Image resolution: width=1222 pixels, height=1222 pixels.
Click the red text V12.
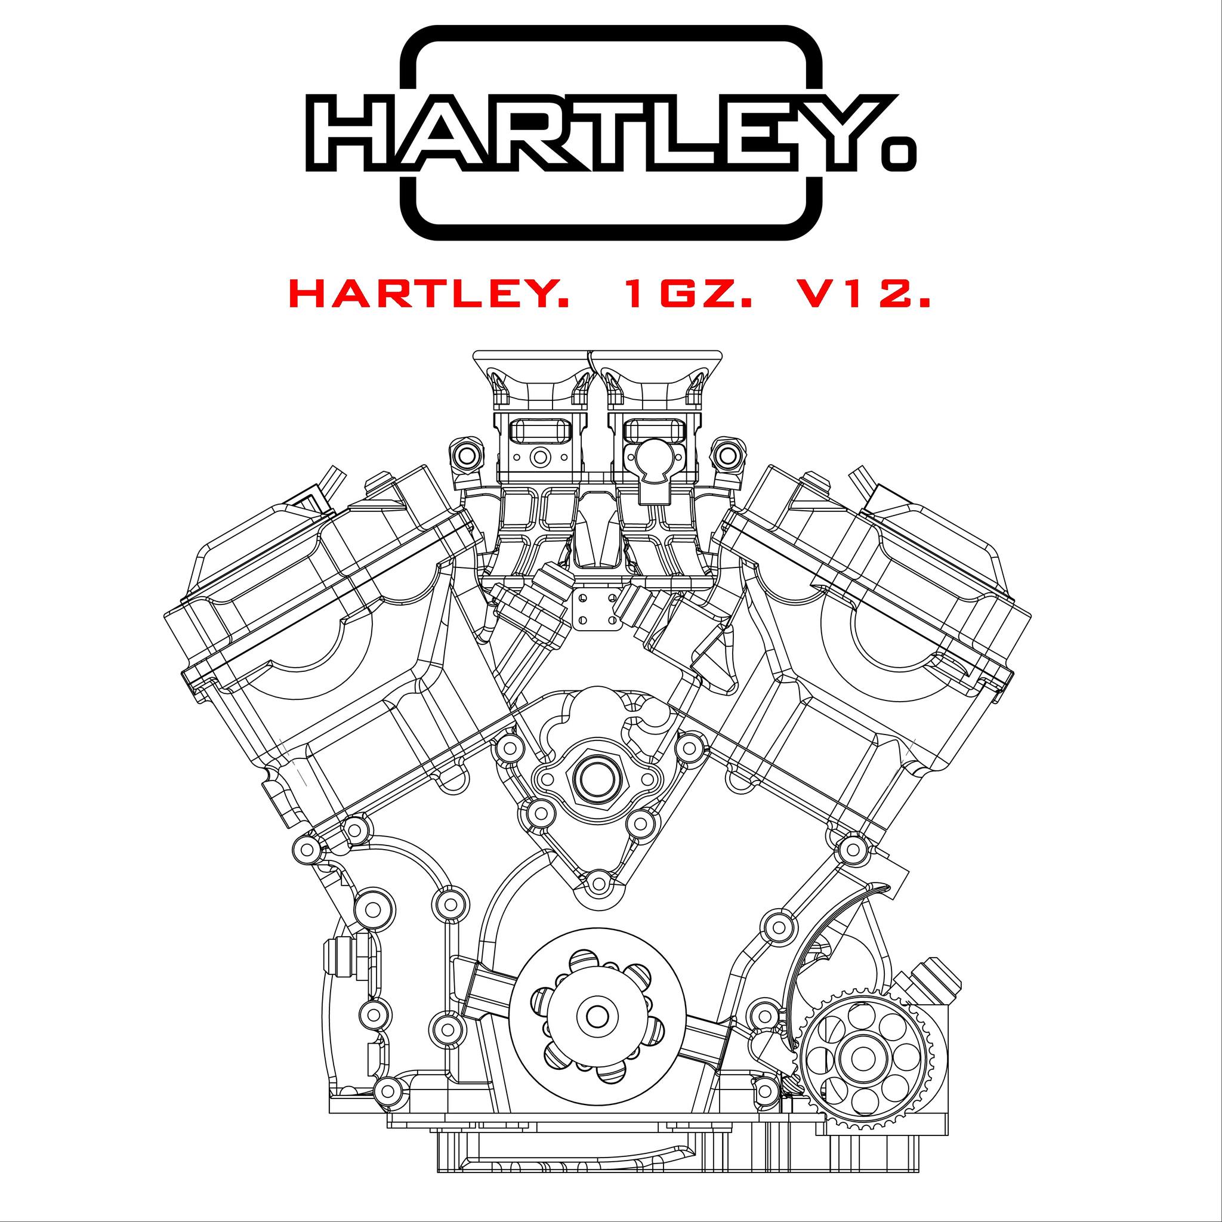point(863,296)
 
